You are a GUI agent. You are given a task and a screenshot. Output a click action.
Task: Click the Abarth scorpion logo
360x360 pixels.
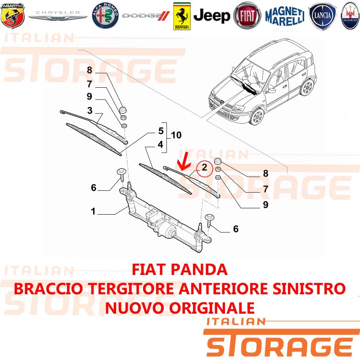point(13,16)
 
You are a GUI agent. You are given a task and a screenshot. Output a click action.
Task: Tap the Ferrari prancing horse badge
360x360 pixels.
point(182,16)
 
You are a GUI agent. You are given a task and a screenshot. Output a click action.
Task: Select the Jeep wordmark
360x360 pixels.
point(211,16)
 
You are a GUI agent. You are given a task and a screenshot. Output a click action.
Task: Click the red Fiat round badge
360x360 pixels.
point(247,16)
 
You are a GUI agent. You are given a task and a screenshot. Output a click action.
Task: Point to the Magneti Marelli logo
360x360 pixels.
point(285,16)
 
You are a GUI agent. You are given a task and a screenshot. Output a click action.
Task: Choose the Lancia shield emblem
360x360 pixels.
point(322,15)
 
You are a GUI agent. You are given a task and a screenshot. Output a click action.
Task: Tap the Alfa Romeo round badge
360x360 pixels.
point(105,16)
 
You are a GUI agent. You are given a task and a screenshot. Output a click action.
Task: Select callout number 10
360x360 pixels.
point(176,135)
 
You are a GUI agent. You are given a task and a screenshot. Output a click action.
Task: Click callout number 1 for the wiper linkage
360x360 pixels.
point(93,211)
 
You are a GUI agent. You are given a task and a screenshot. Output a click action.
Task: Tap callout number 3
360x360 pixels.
point(90,110)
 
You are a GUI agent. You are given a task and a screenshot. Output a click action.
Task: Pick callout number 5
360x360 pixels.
point(161,131)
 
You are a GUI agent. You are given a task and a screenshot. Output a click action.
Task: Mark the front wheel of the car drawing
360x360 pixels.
point(257,117)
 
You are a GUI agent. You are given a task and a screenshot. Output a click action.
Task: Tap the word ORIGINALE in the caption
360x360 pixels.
point(212,308)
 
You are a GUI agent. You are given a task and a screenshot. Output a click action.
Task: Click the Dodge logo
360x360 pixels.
point(146,16)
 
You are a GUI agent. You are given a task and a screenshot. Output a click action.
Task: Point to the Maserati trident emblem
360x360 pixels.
point(351,15)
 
